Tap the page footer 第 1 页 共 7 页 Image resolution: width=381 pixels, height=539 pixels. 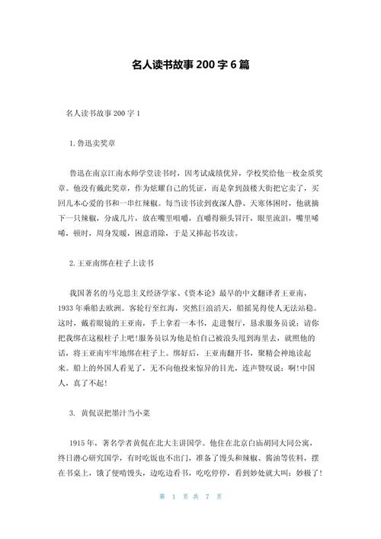coord(190,518)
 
